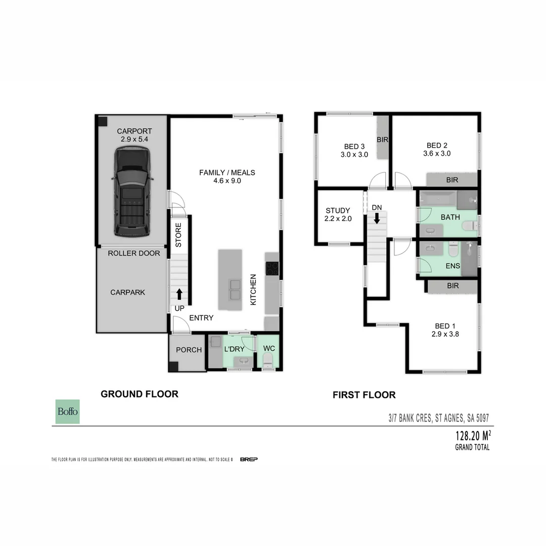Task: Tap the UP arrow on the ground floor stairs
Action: coord(179,294)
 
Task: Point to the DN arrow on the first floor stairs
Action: coord(377,218)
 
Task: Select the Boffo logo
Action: coord(67,412)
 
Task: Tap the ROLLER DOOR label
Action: coord(133,253)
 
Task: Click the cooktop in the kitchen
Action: coord(272,268)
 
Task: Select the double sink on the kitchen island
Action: coord(235,289)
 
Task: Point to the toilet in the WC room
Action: coord(267,360)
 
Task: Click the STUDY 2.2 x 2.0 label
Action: coord(338,215)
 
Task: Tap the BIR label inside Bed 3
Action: coord(382,139)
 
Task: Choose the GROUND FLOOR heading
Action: coord(139,394)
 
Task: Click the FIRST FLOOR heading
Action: coord(364,395)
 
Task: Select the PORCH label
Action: coord(189,350)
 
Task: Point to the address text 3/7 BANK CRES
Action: coord(409,418)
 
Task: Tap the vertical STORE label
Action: coord(178,236)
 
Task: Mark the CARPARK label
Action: coord(128,292)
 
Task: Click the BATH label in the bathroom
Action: coord(450,217)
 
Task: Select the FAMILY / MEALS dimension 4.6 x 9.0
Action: coord(227,180)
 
